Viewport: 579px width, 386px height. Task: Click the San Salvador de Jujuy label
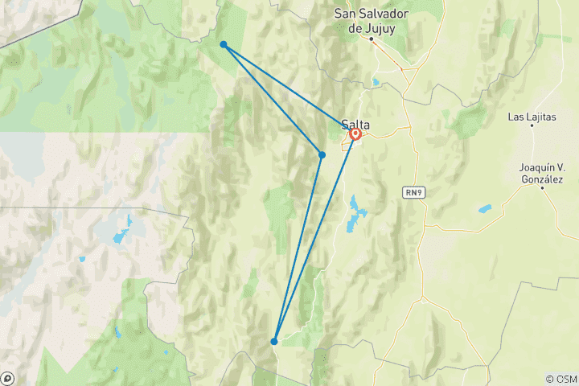(x=372, y=22)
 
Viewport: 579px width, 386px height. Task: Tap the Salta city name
(x=355, y=124)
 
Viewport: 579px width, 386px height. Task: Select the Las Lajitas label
(x=532, y=117)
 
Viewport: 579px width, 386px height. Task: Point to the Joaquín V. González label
(x=541, y=174)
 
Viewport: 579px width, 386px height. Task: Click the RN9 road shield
(x=412, y=192)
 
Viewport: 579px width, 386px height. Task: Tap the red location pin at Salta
(x=355, y=135)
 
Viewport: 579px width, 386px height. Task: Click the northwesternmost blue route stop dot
(x=223, y=44)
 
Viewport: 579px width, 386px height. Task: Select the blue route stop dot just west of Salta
(x=322, y=154)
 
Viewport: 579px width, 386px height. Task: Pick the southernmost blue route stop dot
(x=274, y=341)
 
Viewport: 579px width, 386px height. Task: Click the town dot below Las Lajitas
(x=532, y=126)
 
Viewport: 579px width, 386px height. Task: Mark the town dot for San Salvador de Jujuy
(x=372, y=38)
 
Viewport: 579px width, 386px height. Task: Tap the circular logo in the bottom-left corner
(x=7, y=378)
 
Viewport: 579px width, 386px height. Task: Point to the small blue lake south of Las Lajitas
(x=485, y=209)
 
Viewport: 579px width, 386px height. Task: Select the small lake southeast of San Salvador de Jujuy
(x=376, y=82)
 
